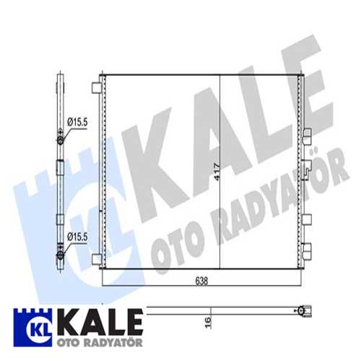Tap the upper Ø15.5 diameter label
(77, 123)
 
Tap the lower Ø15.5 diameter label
(77, 235)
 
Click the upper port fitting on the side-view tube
(60, 134)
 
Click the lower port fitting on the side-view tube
(60, 250)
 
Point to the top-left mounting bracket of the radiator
(95, 88)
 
